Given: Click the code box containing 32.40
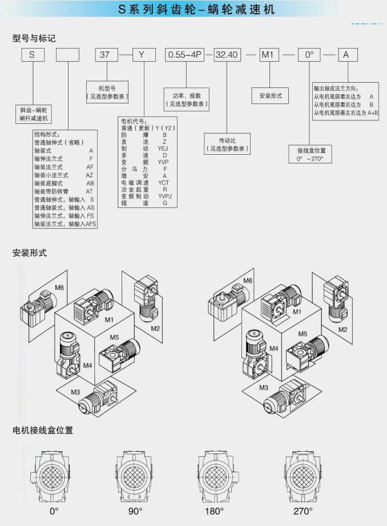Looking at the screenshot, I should coord(227,55).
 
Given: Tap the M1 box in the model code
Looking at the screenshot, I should coord(270,55).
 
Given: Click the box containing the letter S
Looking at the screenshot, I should coord(33,55).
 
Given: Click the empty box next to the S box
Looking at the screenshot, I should coord(68,55).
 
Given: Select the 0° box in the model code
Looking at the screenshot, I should coord(309,55).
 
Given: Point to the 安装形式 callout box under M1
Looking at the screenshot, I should coord(271,95).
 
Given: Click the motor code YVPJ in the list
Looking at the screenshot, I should coord(165,196).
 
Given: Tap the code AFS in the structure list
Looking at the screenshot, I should coord(91,224).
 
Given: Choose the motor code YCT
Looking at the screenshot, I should coord(164,182).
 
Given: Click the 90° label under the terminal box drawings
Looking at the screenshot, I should coord(136,510).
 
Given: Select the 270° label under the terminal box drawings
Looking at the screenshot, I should coord(303,510).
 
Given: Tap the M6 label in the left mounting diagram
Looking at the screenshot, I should coord(59,287).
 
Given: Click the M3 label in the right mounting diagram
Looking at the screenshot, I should coord(264,388).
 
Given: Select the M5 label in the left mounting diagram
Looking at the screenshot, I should coord(115,337).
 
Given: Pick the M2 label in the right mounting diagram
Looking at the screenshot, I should coord(342,330).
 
